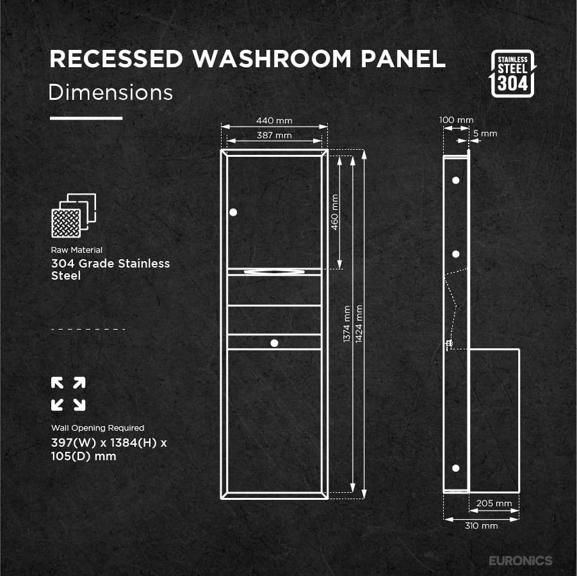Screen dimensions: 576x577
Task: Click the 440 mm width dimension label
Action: click(x=274, y=120)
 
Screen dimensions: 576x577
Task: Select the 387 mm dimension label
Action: click(x=274, y=135)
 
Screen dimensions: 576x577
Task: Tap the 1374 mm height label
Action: click(x=346, y=323)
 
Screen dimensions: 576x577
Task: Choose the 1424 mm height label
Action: click(x=359, y=323)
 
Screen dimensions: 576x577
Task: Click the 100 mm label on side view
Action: click(x=456, y=120)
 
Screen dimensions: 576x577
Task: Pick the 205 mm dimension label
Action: click(x=494, y=503)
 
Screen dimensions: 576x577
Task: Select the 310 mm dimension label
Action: click(x=481, y=526)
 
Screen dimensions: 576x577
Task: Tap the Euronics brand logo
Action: click(x=520, y=561)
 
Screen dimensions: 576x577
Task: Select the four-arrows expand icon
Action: click(x=68, y=394)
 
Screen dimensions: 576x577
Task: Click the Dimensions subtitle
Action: click(x=111, y=92)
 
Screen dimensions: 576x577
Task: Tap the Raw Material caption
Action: click(x=76, y=250)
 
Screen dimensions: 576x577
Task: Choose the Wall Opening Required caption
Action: click(x=97, y=428)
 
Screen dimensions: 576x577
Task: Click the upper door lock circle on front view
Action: click(x=232, y=212)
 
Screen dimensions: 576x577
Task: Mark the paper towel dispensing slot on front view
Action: click(x=274, y=272)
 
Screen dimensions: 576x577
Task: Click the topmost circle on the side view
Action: click(x=455, y=180)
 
